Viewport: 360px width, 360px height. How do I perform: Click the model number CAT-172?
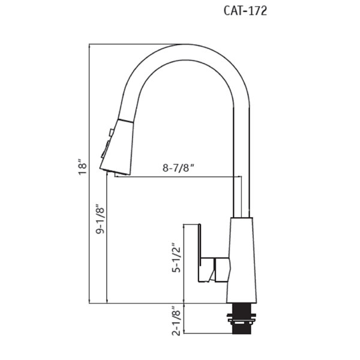(x=245, y=11)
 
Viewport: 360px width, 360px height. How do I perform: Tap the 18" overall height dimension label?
(x=82, y=167)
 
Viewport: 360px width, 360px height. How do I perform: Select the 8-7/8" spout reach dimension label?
(x=178, y=168)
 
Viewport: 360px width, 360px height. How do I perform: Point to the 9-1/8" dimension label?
(x=100, y=218)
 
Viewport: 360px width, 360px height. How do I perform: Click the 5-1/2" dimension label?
(x=176, y=257)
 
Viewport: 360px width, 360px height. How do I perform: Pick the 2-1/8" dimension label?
(x=176, y=320)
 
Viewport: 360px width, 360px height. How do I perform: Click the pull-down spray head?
(x=117, y=147)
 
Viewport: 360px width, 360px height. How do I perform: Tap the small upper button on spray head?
(x=112, y=133)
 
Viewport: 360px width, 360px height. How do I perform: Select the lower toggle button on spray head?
(x=106, y=149)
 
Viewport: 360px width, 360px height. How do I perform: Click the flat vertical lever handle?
(x=200, y=253)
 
